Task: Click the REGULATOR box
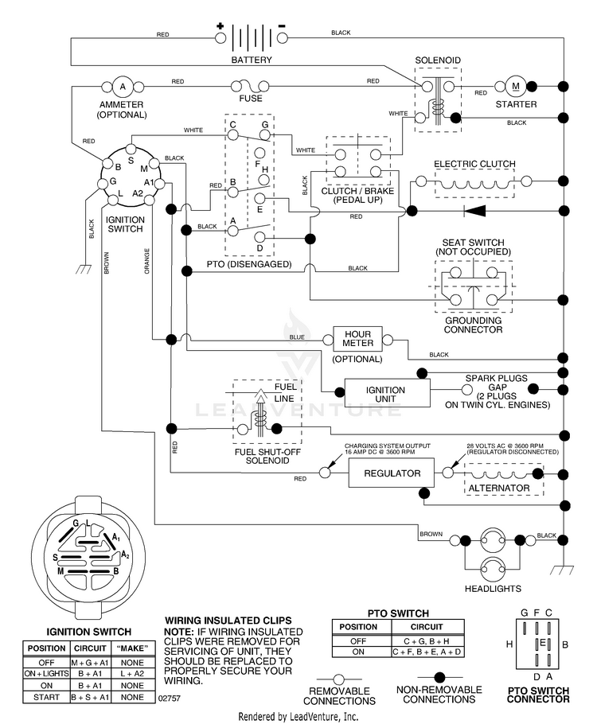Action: tap(391, 473)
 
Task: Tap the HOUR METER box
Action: tap(357, 339)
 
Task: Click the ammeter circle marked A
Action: tap(123, 87)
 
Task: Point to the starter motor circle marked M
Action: tap(516, 86)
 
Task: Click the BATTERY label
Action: tap(252, 60)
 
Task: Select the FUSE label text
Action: tap(251, 99)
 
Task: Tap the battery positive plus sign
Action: tap(220, 26)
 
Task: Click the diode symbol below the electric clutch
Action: tap(474, 211)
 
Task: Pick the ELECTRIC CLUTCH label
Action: tap(474, 164)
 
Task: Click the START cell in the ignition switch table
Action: tap(46, 697)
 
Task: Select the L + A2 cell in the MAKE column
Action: tap(132, 674)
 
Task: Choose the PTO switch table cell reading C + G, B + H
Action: tap(427, 641)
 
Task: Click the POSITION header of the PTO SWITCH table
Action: tap(358, 627)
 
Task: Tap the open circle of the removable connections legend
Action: tap(339, 679)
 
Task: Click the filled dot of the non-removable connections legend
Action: tap(439, 677)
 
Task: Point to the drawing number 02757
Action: tap(169, 699)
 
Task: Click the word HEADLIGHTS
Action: tap(493, 589)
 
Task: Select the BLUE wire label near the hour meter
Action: tap(297, 337)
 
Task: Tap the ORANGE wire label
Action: tap(147, 261)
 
